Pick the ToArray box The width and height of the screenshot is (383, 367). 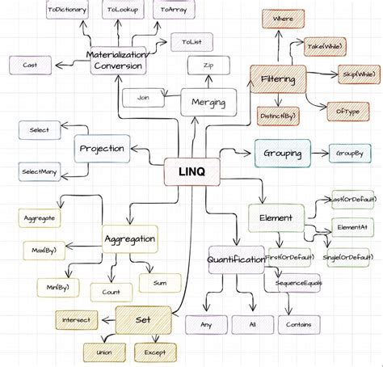click(x=174, y=10)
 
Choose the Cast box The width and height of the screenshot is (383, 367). click(x=30, y=64)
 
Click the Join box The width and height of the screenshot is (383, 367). click(x=144, y=98)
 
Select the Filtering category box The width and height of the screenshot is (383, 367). click(x=278, y=80)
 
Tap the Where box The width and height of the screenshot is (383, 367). click(x=283, y=18)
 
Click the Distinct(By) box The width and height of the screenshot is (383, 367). click(x=279, y=116)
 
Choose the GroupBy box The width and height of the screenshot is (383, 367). click(x=347, y=152)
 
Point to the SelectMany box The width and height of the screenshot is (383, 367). click(x=39, y=171)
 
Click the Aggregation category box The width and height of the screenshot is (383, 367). click(x=130, y=238)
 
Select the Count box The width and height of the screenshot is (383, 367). click(x=112, y=291)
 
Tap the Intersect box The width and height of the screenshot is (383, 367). click(x=76, y=318)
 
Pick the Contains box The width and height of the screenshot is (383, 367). click(x=299, y=324)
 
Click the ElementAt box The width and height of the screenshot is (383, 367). click(x=351, y=227)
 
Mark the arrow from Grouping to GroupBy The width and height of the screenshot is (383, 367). click(x=316, y=152)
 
